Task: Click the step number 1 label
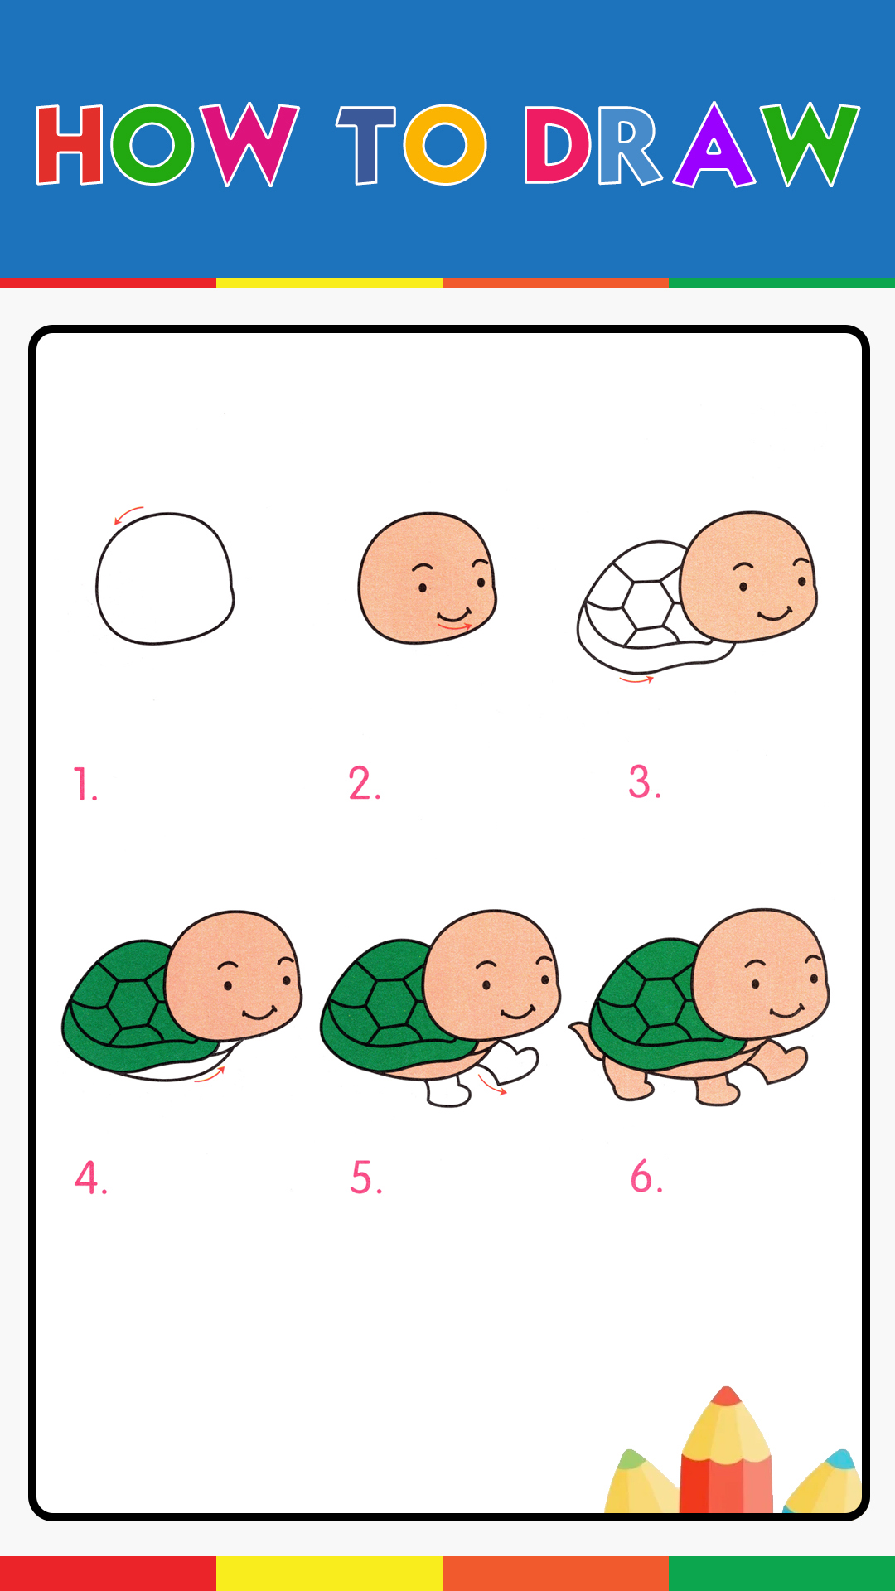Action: (85, 784)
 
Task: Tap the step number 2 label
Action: (365, 783)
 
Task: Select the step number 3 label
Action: (645, 782)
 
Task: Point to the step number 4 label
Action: (90, 1177)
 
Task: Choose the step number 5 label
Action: (366, 1177)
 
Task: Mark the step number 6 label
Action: (646, 1176)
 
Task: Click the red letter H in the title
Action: (70, 144)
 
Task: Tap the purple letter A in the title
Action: (714, 144)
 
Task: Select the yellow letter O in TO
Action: (445, 144)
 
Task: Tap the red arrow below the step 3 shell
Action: (636, 680)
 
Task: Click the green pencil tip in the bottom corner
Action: (631, 1459)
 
